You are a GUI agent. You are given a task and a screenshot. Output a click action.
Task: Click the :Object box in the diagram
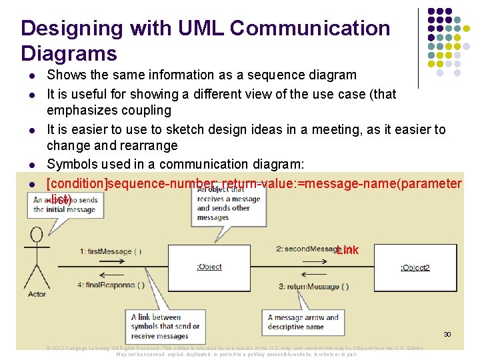point(209,267)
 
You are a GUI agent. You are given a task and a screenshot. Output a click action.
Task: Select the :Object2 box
point(415,267)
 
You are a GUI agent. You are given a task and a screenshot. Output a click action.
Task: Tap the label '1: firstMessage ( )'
point(111,251)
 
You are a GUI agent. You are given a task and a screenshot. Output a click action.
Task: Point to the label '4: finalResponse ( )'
point(111,285)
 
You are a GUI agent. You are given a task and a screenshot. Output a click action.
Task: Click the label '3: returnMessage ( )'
point(313,287)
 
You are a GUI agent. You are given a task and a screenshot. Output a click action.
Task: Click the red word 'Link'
point(347,251)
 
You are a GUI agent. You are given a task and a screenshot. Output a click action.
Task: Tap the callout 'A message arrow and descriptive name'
point(303,322)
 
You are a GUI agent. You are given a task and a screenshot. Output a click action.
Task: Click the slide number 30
point(447,334)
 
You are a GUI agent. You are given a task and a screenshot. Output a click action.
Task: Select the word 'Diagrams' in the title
point(69,53)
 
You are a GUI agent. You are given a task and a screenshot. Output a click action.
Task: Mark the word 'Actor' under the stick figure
point(37,294)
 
